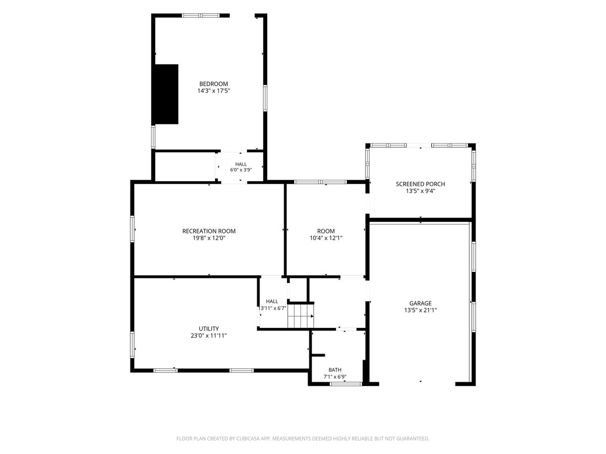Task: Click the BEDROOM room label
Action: coord(214,84)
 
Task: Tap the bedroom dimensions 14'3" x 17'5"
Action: coord(214,91)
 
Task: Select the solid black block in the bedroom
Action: coord(167,94)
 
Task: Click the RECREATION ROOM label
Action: coord(209,231)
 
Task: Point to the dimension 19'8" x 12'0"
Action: coord(209,238)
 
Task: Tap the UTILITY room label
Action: coord(209,328)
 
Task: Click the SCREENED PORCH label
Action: coord(420,184)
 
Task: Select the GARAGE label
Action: coord(420,303)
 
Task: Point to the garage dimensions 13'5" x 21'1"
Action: coord(420,310)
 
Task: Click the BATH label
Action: coord(335,370)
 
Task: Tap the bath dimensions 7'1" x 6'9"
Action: coord(335,377)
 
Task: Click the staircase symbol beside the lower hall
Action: coord(300,316)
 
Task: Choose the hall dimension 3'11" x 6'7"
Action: coord(273,308)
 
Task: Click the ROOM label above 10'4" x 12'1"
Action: coord(326,231)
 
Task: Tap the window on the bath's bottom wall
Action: coord(345,384)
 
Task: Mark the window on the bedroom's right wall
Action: coord(265,98)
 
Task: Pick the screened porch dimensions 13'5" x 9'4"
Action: coord(420,191)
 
